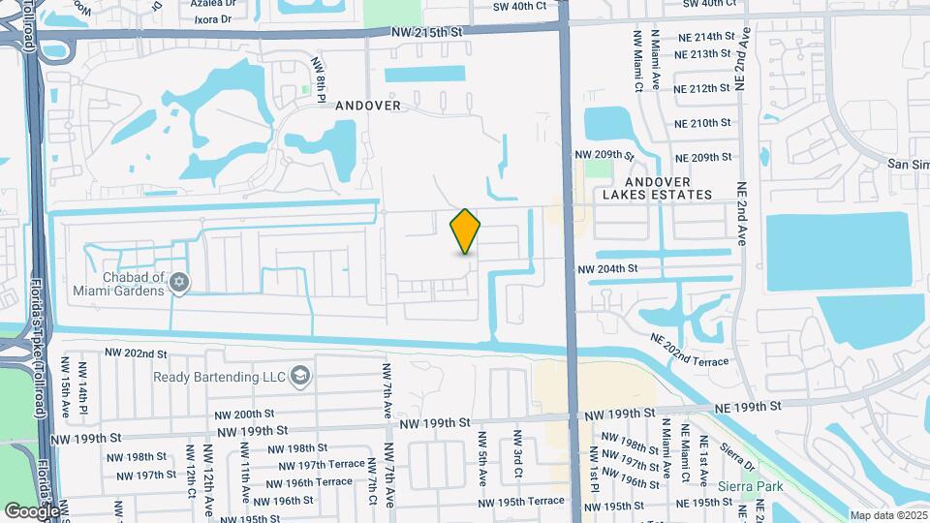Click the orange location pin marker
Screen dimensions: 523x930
pyautogui.click(x=466, y=231)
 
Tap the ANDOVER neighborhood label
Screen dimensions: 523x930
pyautogui.click(x=368, y=106)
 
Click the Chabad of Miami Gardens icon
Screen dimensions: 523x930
pyautogui.click(x=178, y=282)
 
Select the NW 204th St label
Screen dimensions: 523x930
pyautogui.click(x=607, y=268)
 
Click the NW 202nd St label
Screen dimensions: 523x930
pyautogui.click(x=139, y=354)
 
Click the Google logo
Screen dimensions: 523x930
pyautogui.click(x=32, y=510)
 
